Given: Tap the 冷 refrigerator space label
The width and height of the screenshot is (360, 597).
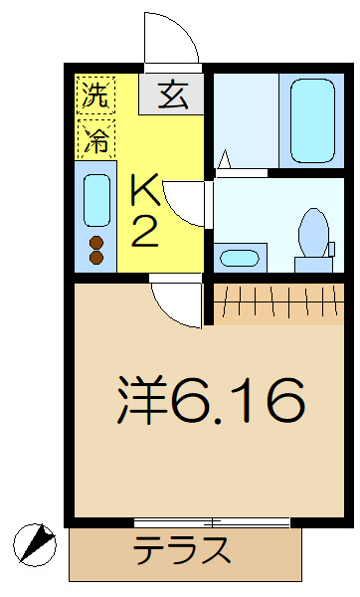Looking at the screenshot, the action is (x=95, y=139).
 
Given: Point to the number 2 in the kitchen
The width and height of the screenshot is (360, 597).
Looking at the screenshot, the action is (x=144, y=232).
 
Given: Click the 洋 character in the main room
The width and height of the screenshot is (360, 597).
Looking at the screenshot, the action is (x=142, y=400).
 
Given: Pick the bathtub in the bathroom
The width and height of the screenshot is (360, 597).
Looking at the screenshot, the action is (x=313, y=120).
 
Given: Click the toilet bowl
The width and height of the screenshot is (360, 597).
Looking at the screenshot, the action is (x=313, y=232).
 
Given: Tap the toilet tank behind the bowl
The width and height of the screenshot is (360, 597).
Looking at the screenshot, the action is (x=313, y=265).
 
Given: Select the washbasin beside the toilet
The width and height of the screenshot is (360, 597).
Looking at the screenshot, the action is (x=240, y=258).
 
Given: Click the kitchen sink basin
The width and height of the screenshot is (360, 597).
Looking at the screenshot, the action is (x=96, y=200).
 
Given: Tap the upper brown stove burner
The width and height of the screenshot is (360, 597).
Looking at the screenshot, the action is (x=96, y=242).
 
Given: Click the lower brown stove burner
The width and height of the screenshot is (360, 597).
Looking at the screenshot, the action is (x=96, y=257).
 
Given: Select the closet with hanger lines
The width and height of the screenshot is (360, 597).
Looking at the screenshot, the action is (x=278, y=303).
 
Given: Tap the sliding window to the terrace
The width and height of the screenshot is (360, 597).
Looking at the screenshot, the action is (x=212, y=522).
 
